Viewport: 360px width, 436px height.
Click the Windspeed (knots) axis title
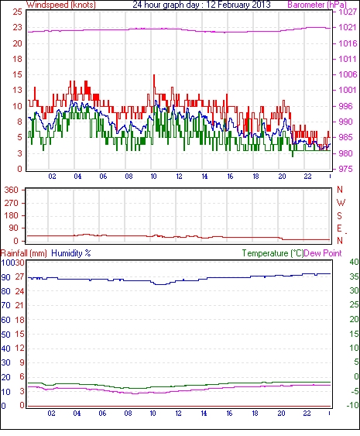(61, 5)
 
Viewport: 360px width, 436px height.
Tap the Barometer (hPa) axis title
(317, 5)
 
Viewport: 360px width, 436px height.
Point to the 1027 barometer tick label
(348, 12)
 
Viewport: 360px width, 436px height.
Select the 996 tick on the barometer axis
(345, 106)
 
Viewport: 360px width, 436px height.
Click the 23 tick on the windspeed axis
(17, 28)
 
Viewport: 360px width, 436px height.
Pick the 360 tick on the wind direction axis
(12, 191)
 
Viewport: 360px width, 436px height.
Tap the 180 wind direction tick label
(12, 215)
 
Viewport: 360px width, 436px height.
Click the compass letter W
(341, 203)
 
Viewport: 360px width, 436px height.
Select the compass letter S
(339, 215)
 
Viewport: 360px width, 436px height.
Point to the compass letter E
(339, 228)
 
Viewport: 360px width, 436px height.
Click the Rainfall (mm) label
(23, 253)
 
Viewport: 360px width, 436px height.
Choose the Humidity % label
(71, 253)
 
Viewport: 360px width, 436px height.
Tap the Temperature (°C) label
(273, 253)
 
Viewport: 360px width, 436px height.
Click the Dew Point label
(323, 253)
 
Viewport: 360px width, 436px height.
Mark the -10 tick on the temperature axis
(353, 405)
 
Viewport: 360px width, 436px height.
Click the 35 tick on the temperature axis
(354, 276)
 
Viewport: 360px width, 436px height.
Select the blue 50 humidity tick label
(5, 335)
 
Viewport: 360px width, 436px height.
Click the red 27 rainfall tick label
(19, 277)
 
